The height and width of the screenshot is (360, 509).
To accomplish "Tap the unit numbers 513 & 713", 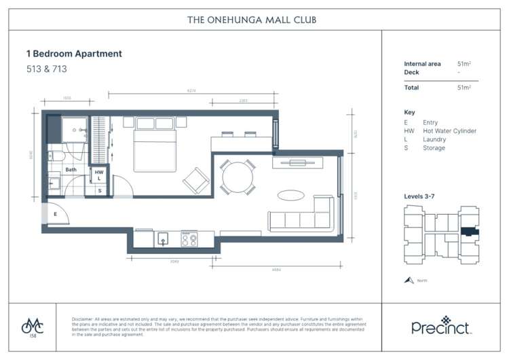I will pos(56,69).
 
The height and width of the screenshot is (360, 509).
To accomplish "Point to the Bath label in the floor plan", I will pos(71,170).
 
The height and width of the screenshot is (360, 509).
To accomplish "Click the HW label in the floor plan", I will pos(99,172).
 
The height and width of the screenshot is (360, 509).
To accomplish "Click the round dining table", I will pos(235,176).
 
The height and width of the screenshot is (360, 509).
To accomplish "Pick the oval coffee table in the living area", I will pos(291,195).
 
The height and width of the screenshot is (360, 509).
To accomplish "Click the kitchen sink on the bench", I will pos(163,239).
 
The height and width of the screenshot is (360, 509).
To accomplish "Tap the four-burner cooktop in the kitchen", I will pos(189,239).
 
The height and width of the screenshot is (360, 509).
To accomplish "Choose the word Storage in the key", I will pos(434,148).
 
